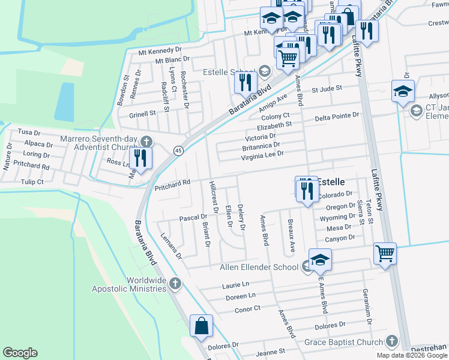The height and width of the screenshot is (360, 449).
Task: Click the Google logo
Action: (20, 353)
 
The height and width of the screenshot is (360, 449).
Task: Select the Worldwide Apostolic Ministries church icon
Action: (175, 283)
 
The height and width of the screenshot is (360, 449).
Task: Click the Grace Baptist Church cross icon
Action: (391, 342)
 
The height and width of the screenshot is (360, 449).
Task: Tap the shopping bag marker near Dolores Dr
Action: (202, 325)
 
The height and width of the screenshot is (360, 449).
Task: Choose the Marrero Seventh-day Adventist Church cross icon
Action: (146, 142)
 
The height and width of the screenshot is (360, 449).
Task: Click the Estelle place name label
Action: (331, 181)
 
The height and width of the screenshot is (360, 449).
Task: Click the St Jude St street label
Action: (326, 88)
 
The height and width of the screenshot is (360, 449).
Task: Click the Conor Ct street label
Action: (248, 308)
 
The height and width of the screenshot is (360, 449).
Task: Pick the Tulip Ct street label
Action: (32, 182)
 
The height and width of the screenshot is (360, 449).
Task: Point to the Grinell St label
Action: (142, 113)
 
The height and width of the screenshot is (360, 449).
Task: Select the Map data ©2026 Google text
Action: (411, 355)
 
